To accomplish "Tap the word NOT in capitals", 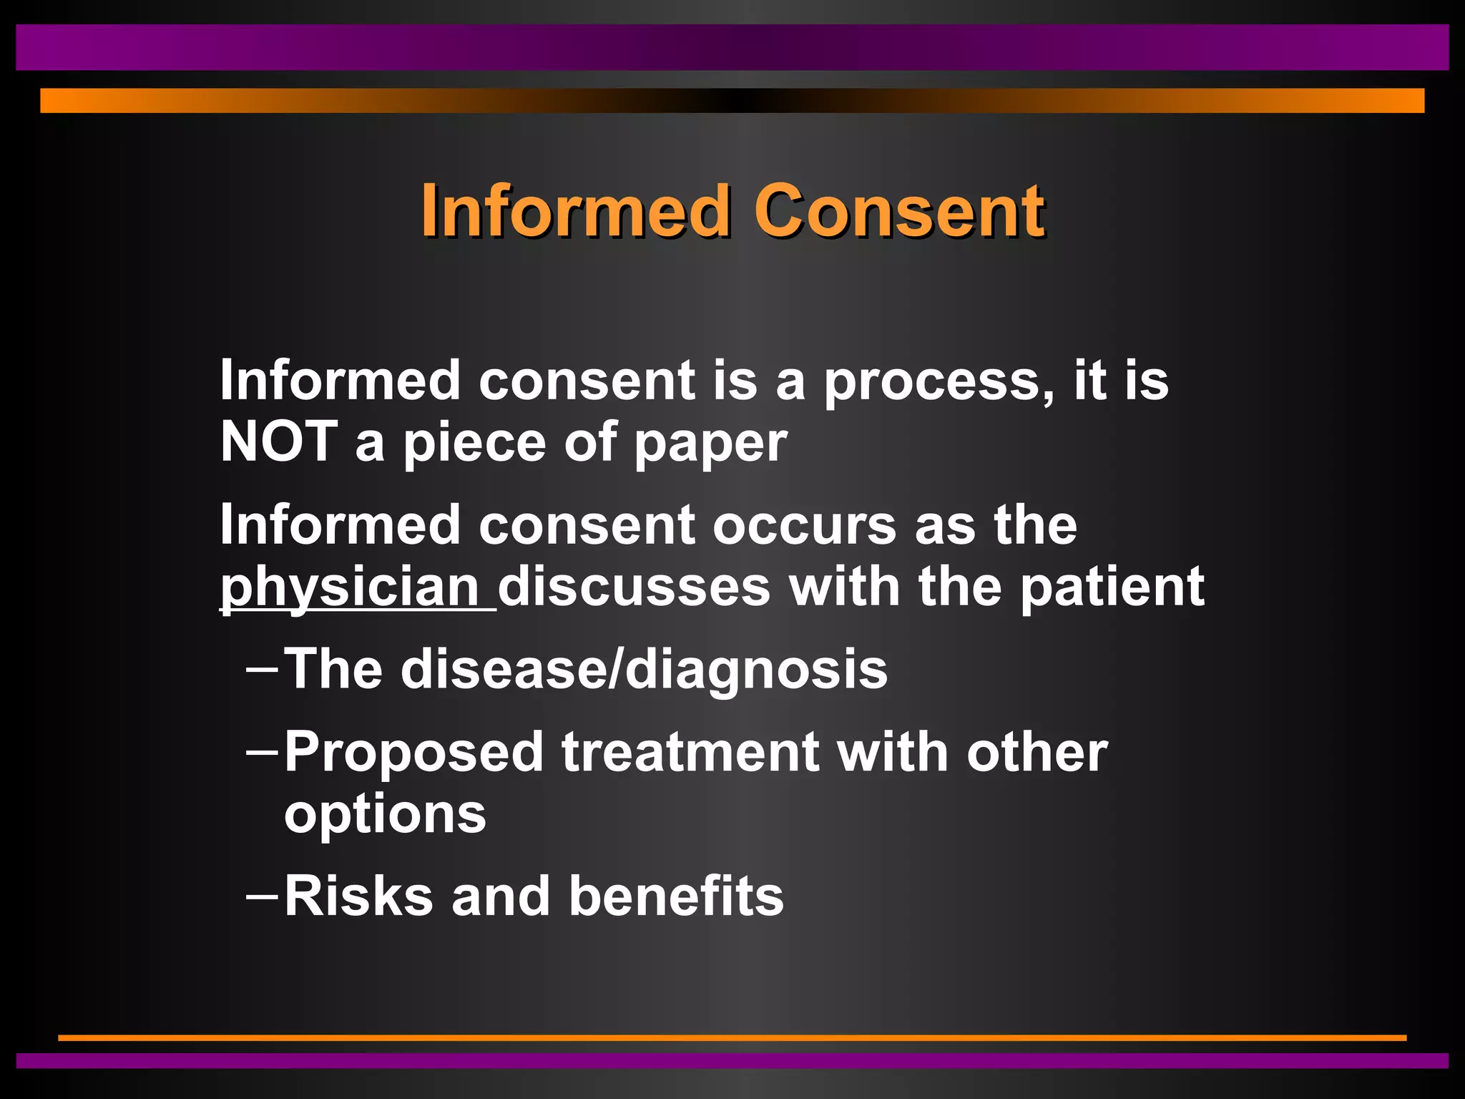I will point(278,441).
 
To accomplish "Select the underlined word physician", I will point(350,587).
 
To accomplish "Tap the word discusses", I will point(634,587).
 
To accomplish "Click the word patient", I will point(1112,587).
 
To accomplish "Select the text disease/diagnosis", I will point(644,670).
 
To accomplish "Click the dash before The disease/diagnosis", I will point(261,670).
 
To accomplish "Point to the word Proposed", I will point(414,753).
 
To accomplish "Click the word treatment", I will point(690,752).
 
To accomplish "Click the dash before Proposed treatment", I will point(261,753).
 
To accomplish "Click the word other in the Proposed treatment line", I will point(1037,752).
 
